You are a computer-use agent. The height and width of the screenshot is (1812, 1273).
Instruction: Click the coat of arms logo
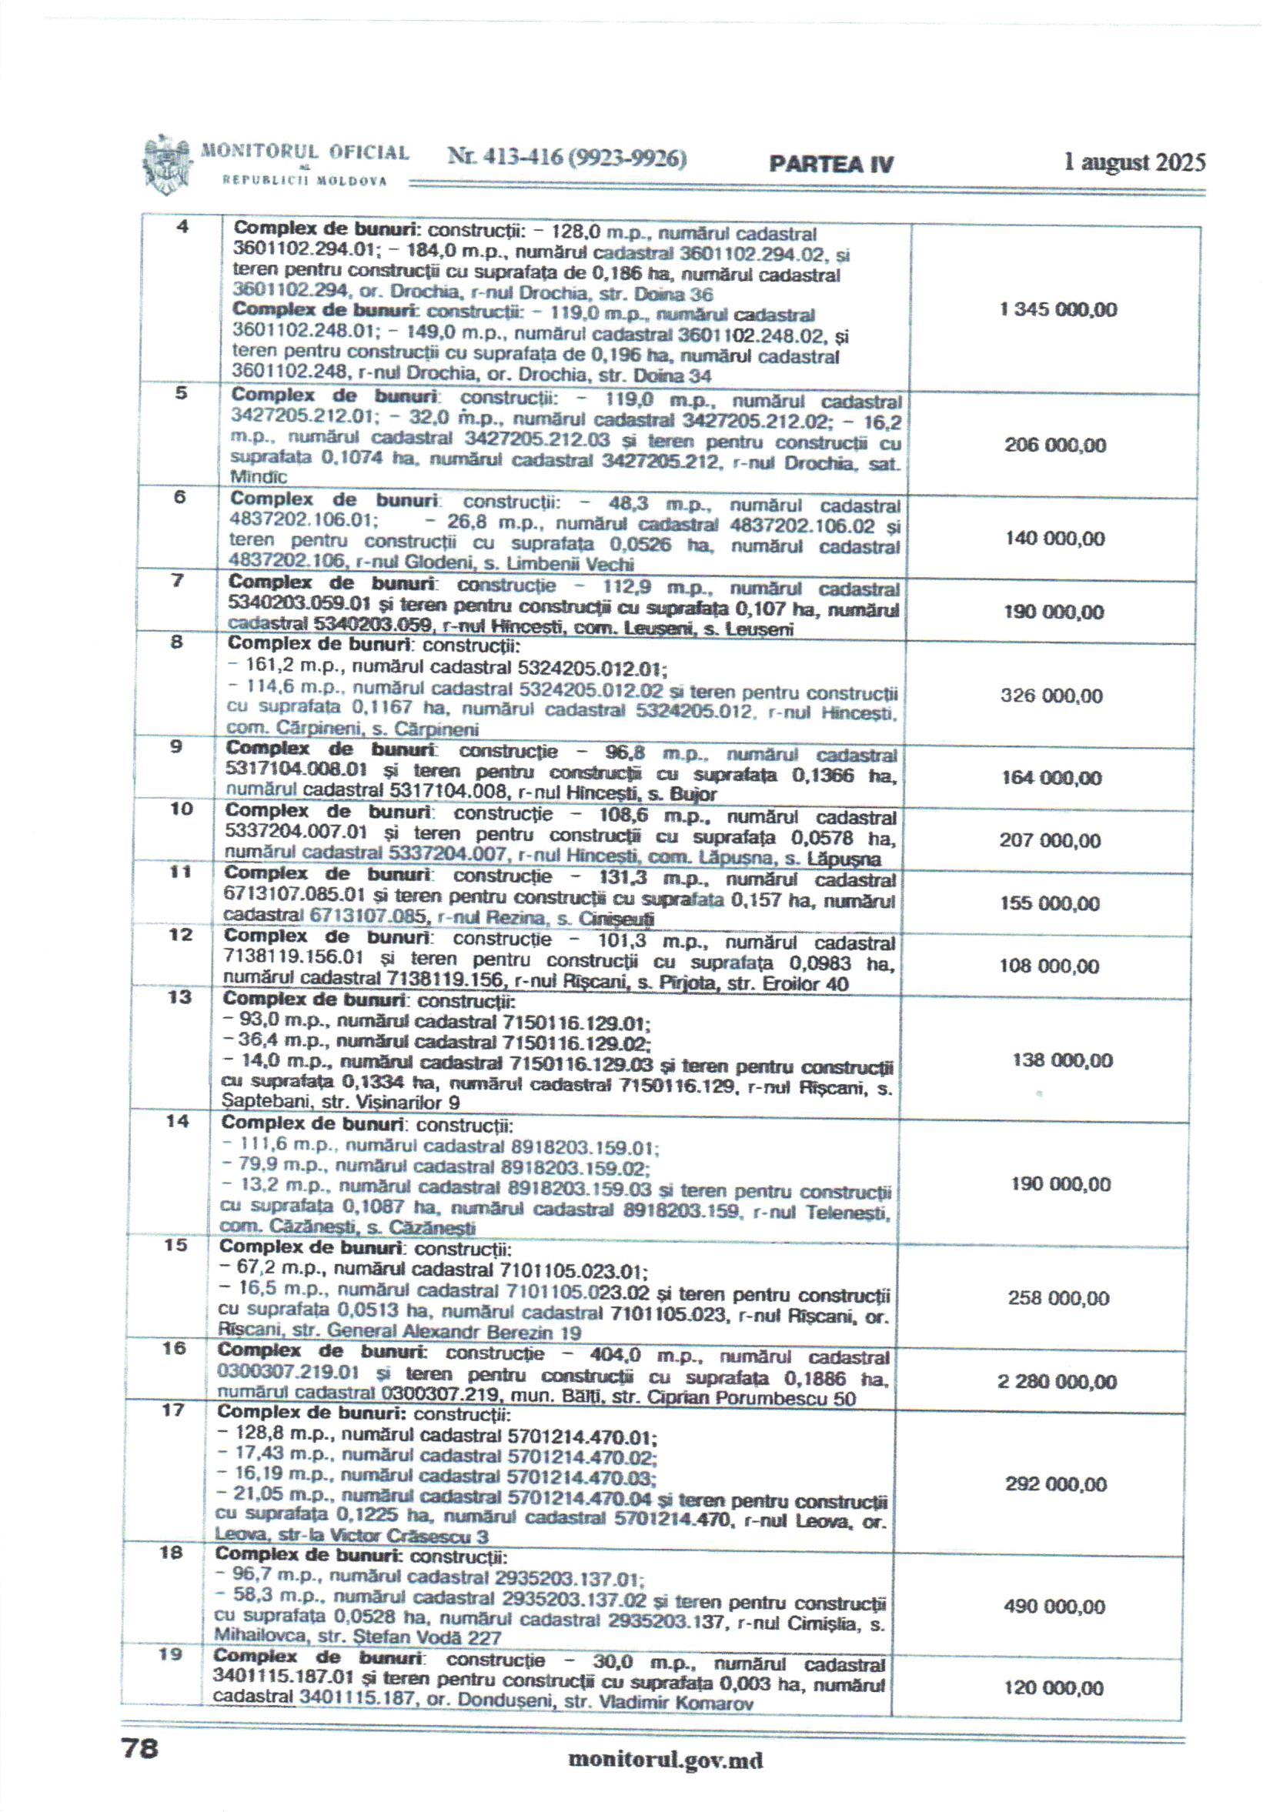(166, 166)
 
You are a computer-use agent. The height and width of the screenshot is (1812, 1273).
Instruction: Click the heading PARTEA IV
(831, 164)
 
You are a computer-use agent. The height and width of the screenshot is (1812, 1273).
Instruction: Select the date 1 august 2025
(1134, 162)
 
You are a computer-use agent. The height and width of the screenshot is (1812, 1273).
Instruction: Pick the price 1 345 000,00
(1057, 309)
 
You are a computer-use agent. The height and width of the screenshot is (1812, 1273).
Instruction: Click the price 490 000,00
(1054, 1607)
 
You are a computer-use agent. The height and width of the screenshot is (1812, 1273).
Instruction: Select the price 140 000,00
(1054, 539)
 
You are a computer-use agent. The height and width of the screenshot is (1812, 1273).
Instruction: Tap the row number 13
(180, 997)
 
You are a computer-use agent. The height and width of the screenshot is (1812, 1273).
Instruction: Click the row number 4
(182, 227)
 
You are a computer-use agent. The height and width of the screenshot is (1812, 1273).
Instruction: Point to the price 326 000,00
(1051, 696)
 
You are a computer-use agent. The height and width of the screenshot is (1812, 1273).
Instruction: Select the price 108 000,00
(1049, 966)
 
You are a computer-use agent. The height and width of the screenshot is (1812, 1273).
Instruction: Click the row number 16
(174, 1349)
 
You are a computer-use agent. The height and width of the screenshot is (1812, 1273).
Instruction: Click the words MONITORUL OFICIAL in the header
(306, 152)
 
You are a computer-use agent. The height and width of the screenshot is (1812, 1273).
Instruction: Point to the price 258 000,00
(1057, 1298)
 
